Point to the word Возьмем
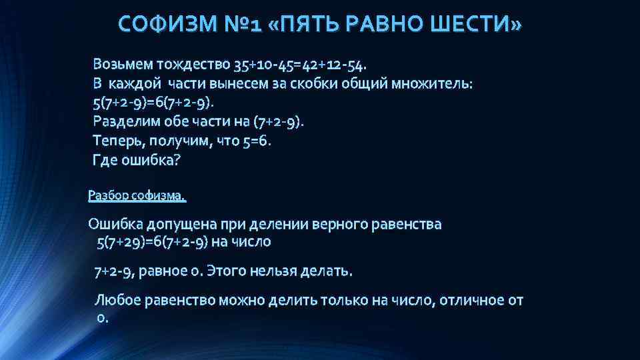coord(123,65)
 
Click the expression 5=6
coord(257,141)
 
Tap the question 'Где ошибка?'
coord(137,161)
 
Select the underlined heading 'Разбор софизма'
coord(137,196)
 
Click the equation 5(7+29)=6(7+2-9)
coord(152,241)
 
